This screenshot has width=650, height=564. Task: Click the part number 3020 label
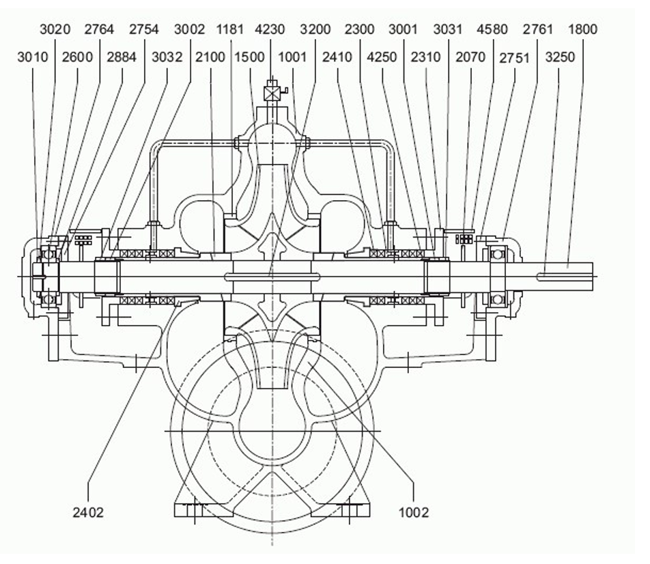tap(55, 29)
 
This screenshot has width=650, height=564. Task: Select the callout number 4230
tap(270, 29)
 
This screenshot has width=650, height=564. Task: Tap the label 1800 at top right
tap(582, 29)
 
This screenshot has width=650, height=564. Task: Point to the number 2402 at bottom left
tap(88, 513)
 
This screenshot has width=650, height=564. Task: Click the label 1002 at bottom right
tap(414, 513)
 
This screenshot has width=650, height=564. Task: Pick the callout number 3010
tap(33, 57)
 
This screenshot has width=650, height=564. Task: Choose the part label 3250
tap(560, 57)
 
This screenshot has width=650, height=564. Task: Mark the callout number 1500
tap(250, 57)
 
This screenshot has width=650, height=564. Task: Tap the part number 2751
tap(514, 58)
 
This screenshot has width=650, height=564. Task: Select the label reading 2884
tap(122, 57)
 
